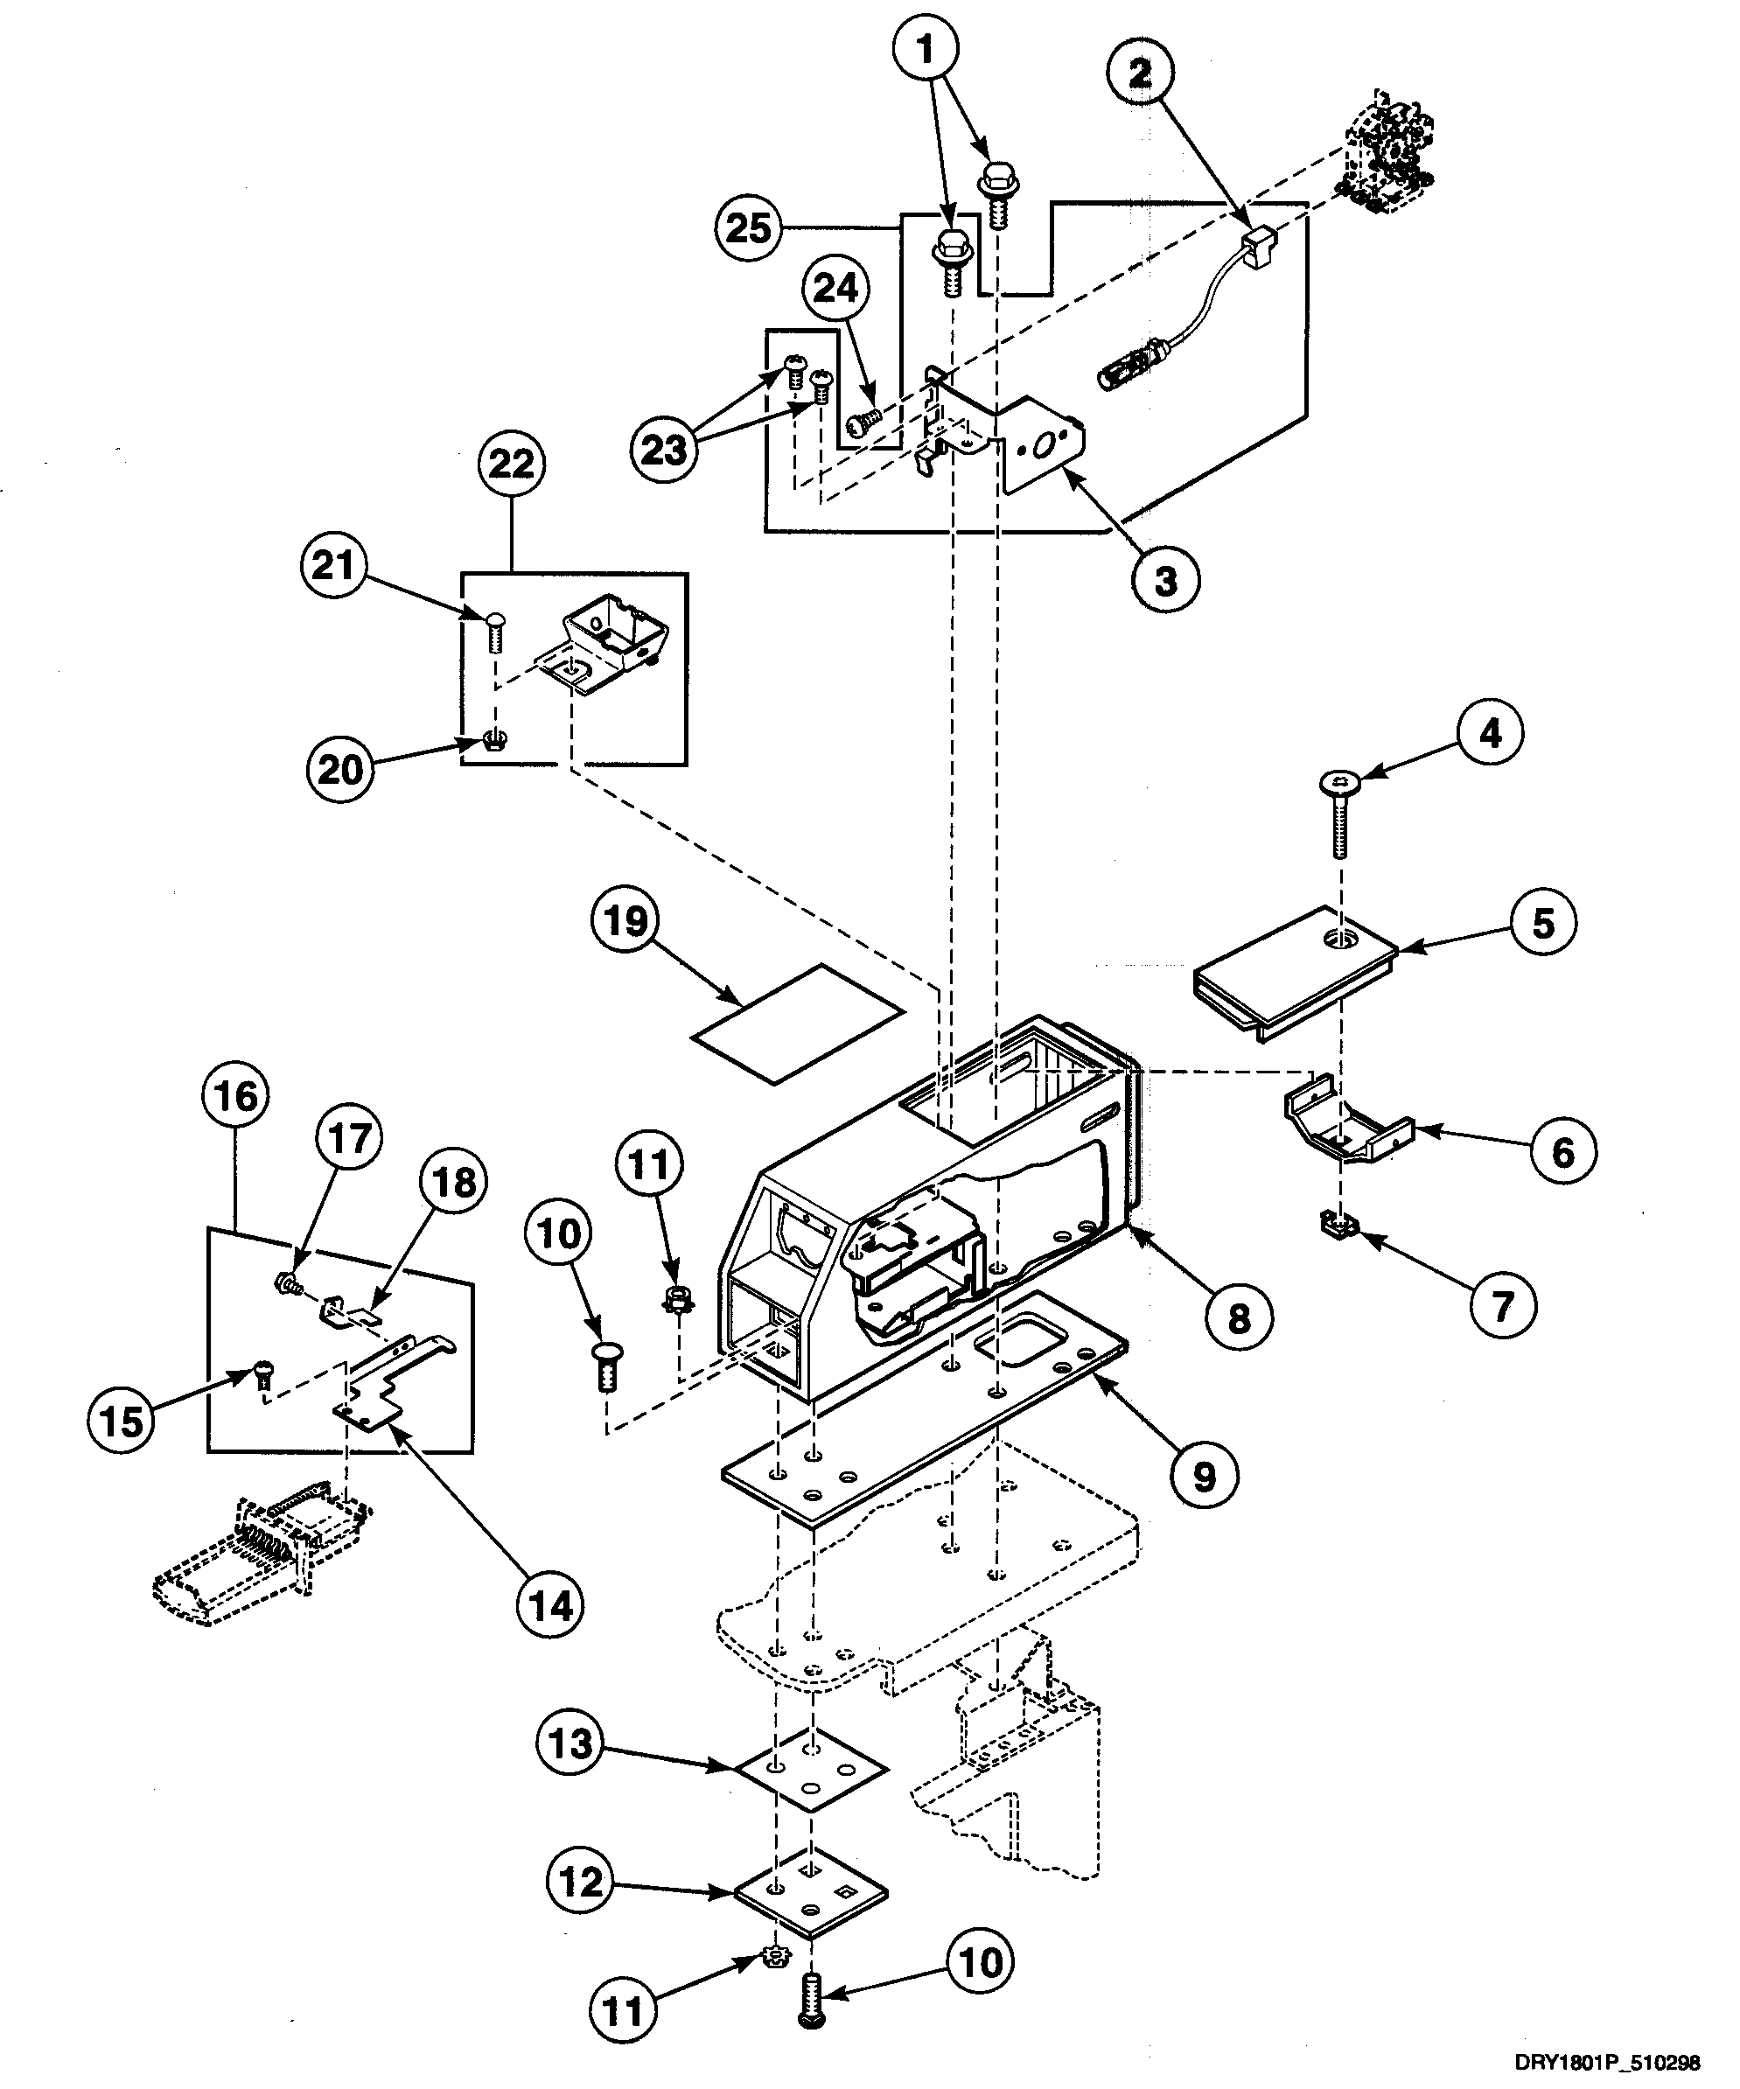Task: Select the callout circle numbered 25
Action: pyautogui.click(x=748, y=227)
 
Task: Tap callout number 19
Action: pyautogui.click(x=625, y=920)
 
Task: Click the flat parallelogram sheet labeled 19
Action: pyautogui.click(x=798, y=1022)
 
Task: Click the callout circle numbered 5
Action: pyautogui.click(x=1542, y=923)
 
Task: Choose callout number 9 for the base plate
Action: pyautogui.click(x=1204, y=1477)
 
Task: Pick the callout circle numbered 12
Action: pyautogui.click(x=582, y=1882)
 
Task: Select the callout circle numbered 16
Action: pyautogui.click(x=237, y=1097)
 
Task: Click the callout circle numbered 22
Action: pyautogui.click(x=513, y=464)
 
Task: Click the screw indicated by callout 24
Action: pyautogui.click(x=862, y=422)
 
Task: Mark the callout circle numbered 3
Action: pyautogui.click(x=1165, y=580)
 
